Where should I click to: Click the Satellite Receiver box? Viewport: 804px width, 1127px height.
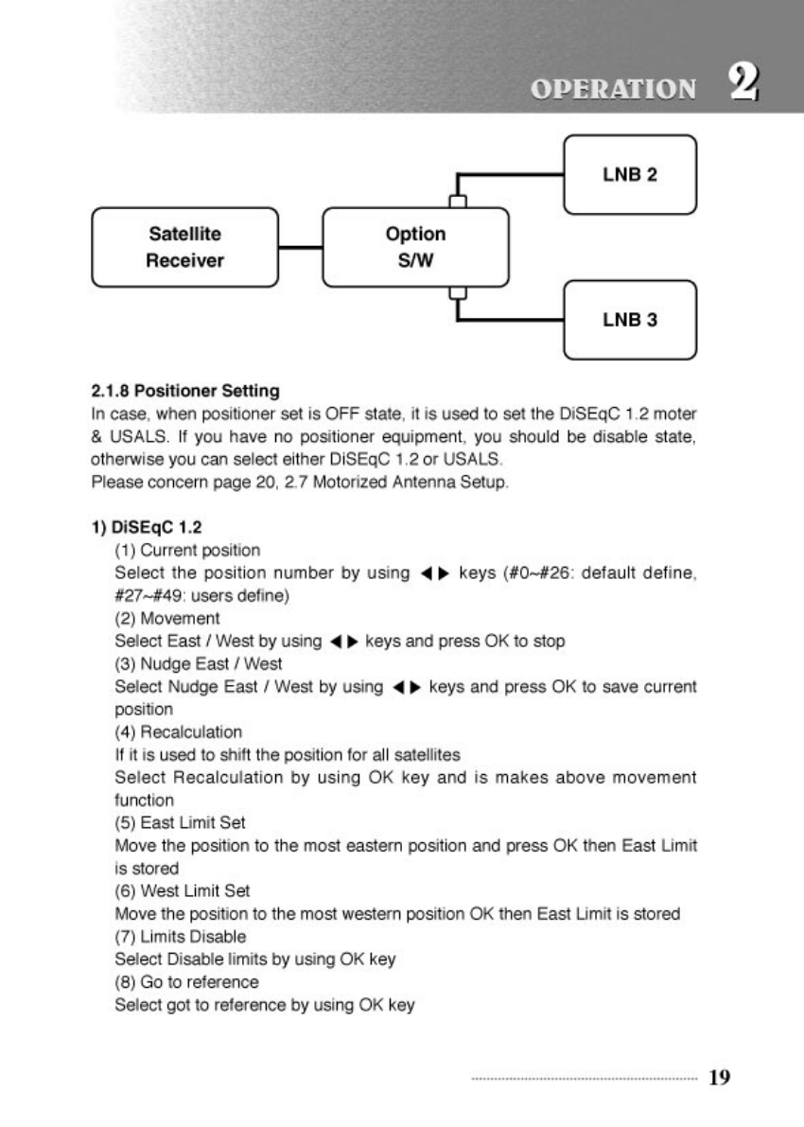click(184, 247)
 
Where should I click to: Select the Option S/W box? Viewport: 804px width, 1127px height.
click(415, 247)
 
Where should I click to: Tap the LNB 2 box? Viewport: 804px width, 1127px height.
click(630, 175)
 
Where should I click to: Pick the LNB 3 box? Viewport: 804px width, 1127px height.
click(630, 320)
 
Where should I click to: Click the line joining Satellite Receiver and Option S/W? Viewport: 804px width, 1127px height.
click(301, 248)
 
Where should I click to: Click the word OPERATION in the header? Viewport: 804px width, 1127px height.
click(613, 90)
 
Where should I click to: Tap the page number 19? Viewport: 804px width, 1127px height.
click(719, 1077)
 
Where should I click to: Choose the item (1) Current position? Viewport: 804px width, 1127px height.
click(187, 550)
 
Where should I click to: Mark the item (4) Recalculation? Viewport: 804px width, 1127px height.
click(178, 731)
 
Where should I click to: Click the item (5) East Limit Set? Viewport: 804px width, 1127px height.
click(181, 822)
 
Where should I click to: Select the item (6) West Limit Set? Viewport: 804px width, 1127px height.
click(183, 890)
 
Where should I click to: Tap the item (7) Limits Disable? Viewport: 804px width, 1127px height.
click(181, 936)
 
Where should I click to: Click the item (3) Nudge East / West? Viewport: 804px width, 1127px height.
click(199, 663)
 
